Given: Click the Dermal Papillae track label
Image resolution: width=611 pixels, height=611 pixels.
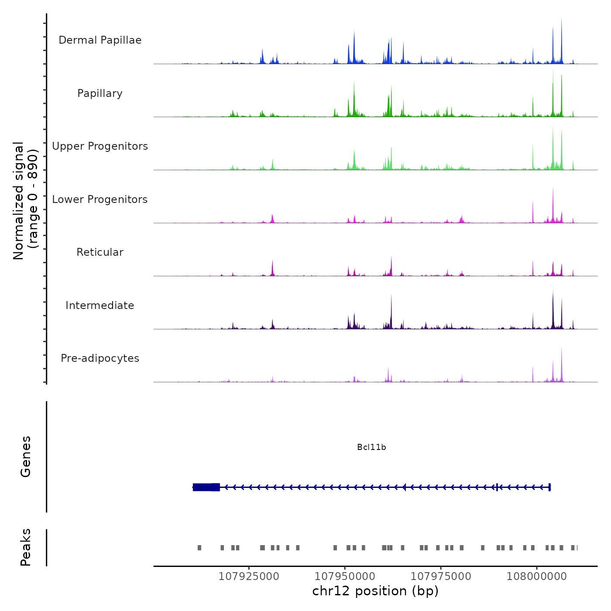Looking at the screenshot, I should pyautogui.click(x=100, y=40).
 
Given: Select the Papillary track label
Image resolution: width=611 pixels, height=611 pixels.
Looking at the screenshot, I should pyautogui.click(x=100, y=93).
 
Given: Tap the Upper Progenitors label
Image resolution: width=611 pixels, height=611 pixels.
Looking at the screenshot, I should pyautogui.click(x=100, y=146).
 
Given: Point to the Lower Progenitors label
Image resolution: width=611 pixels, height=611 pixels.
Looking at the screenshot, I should pyautogui.click(x=100, y=199).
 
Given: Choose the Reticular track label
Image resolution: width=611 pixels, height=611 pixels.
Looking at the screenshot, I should pyautogui.click(x=100, y=252).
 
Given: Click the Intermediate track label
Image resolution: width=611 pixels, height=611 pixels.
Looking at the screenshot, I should pyautogui.click(x=100, y=305).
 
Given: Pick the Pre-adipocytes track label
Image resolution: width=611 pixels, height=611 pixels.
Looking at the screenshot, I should pyautogui.click(x=100, y=358).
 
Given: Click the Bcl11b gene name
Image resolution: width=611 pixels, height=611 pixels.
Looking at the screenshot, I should pyautogui.click(x=371, y=447).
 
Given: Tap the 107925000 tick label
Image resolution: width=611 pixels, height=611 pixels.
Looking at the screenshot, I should pyautogui.click(x=249, y=576).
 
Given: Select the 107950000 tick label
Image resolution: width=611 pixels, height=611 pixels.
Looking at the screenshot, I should pyautogui.click(x=345, y=576).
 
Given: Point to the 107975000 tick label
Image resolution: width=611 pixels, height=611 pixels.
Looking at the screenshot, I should pyautogui.click(x=441, y=576).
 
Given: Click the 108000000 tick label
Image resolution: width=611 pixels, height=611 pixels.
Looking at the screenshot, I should pyautogui.click(x=537, y=576).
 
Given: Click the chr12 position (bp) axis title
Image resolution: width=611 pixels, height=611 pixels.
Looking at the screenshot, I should pyautogui.click(x=375, y=591).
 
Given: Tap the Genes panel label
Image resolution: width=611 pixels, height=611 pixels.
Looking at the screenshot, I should pyautogui.click(x=26, y=457).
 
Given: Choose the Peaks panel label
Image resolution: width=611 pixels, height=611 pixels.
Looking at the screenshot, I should pyautogui.click(x=26, y=547).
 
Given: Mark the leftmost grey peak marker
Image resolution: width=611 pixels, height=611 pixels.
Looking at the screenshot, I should pyautogui.click(x=199, y=548).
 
